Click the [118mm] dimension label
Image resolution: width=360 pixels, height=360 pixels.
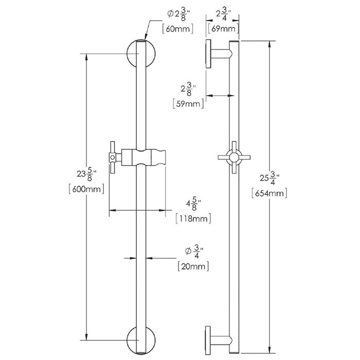194,219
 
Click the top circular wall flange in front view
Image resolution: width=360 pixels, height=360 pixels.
140,53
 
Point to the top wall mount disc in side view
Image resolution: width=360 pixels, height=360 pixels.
209,53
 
